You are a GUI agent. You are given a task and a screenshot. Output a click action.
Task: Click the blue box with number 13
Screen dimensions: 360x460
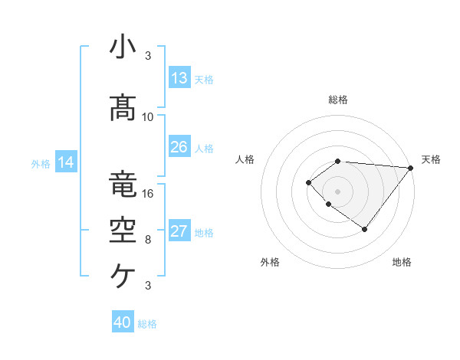click(x=179, y=78)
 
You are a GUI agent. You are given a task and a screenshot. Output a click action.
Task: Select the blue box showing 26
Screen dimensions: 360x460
click(x=179, y=147)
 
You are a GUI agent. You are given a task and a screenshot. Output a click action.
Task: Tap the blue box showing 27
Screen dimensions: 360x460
click(x=179, y=232)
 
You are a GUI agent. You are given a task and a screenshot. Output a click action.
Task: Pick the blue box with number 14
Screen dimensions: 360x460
click(x=66, y=162)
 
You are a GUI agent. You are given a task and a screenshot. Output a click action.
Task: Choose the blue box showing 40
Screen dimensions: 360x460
click(x=123, y=322)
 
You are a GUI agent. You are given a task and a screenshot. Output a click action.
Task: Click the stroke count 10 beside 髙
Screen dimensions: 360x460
click(x=148, y=116)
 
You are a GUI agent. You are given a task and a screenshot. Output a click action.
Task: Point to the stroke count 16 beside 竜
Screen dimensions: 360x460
click(x=148, y=193)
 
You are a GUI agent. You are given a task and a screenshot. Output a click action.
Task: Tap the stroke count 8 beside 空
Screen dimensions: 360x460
click(x=148, y=239)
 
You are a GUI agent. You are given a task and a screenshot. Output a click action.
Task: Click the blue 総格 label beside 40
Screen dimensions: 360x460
click(x=148, y=324)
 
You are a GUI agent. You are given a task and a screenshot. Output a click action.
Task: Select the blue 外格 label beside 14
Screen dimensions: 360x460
click(x=41, y=163)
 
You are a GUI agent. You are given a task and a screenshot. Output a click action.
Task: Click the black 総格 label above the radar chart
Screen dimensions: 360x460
click(x=338, y=100)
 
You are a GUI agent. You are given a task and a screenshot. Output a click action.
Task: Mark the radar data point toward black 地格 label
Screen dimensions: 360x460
click(x=365, y=229)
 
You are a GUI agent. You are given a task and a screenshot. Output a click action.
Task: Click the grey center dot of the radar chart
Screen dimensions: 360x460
click(x=338, y=191)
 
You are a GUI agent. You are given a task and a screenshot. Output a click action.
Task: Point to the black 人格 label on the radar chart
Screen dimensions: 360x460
click(x=245, y=159)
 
